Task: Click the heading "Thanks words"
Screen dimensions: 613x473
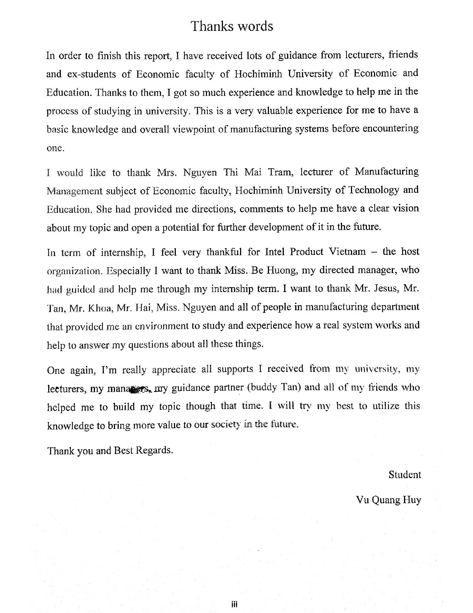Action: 232,26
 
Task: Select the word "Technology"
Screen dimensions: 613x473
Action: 372,190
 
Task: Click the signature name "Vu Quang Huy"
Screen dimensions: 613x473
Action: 388,500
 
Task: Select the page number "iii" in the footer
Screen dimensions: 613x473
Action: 234,604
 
